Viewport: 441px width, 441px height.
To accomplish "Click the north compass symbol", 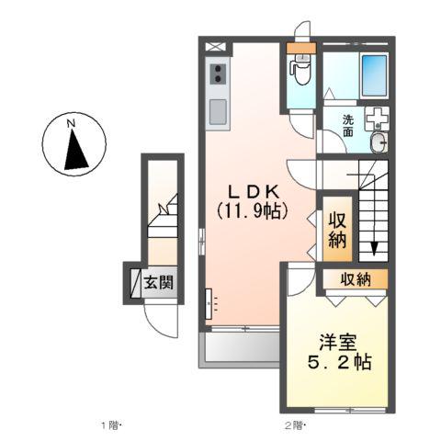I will coord(73,145).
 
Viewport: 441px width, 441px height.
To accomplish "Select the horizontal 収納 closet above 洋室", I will coord(351,279).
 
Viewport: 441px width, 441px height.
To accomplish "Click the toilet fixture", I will coord(299,65).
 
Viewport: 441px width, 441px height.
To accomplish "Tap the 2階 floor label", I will coord(293,425).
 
